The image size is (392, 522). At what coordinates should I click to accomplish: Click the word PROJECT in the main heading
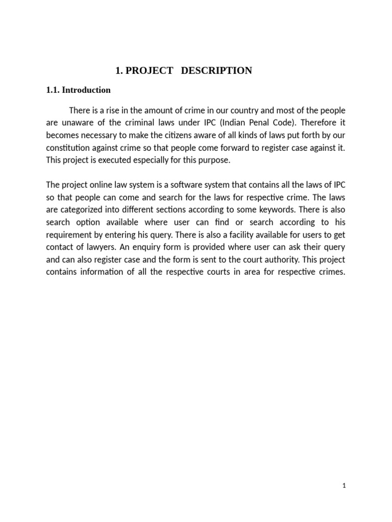[149, 71]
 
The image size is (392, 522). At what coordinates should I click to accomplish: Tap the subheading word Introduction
[86, 90]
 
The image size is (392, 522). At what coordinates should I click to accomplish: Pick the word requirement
[70, 234]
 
